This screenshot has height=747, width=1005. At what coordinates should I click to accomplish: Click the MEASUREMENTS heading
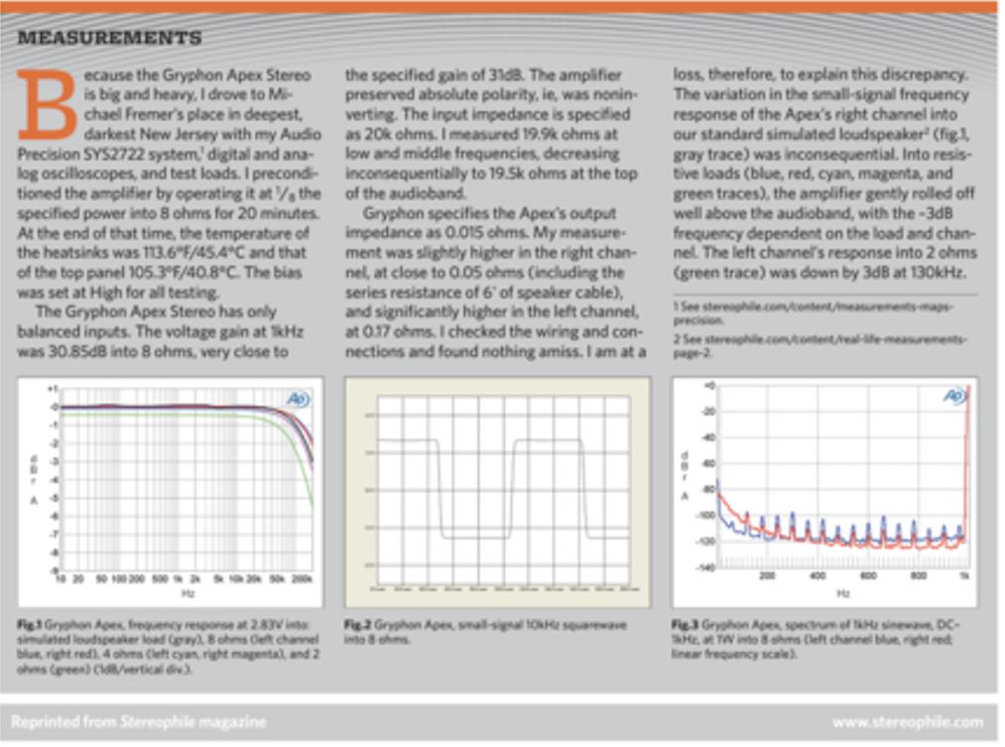[x=109, y=39]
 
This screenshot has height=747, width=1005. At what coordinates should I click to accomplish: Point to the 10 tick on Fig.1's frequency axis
[x=62, y=577]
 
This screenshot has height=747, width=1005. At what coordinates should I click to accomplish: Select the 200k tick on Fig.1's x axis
[x=303, y=577]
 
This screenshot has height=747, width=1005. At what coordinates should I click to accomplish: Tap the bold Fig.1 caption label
[x=29, y=625]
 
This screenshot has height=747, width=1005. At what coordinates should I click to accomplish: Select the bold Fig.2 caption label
[x=357, y=625]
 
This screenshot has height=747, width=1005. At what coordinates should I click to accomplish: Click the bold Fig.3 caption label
[x=686, y=625]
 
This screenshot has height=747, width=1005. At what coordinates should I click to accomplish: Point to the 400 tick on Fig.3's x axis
[x=817, y=575]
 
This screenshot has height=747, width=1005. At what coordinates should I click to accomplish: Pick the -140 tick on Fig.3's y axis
[x=707, y=566]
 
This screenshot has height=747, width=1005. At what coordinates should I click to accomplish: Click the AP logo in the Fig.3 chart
[x=953, y=397]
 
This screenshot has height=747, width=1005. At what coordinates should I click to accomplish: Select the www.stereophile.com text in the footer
[x=907, y=721]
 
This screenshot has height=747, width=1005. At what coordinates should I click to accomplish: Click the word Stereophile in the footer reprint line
[x=149, y=721]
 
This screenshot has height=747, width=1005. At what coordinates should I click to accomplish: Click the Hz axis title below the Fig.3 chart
[x=841, y=592]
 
